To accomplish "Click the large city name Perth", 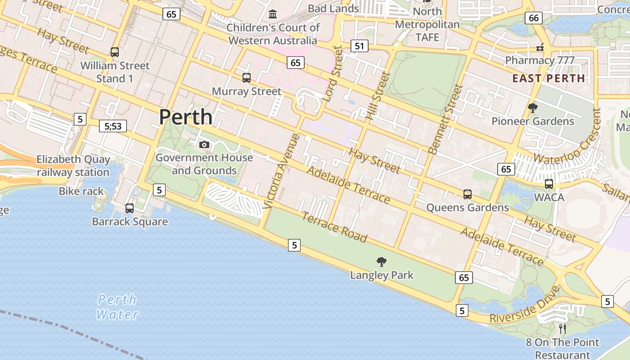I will tap(185, 117).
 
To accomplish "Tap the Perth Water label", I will tap(117, 307).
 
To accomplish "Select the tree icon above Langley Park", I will tap(382, 261).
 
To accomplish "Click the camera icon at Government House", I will tap(204, 144).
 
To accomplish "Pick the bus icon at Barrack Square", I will tap(130, 208).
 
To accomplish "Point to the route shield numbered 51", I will tap(359, 46).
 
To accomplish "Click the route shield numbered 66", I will tap(533, 18).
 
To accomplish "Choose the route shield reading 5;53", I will tap(113, 126).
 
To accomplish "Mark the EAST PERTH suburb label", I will tap(549, 78).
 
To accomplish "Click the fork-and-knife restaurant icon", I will tap(562, 328).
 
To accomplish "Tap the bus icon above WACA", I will tap(549, 184).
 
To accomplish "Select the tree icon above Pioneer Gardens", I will tap(533, 108).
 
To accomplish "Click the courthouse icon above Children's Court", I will tap(273, 14).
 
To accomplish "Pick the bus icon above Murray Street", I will tap(246, 78).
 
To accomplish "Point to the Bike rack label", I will tap(81, 191).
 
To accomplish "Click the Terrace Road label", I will tap(334, 227).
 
